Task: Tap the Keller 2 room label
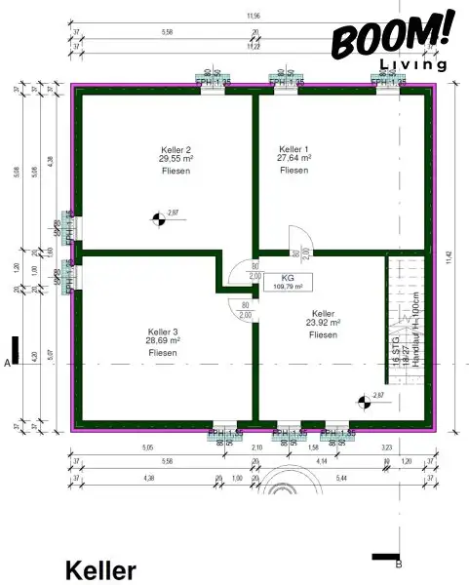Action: tap(175, 148)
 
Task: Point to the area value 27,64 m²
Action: tap(293, 158)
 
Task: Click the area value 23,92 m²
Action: tap(322, 323)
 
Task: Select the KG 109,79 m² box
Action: tap(288, 283)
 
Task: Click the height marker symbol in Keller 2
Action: tap(156, 218)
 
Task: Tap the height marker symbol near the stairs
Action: tap(364, 398)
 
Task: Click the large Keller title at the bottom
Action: tap(100, 570)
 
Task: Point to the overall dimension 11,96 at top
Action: tap(254, 17)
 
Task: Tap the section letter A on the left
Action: tap(8, 363)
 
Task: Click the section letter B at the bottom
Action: tap(398, 563)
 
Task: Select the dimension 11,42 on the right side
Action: tap(450, 258)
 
